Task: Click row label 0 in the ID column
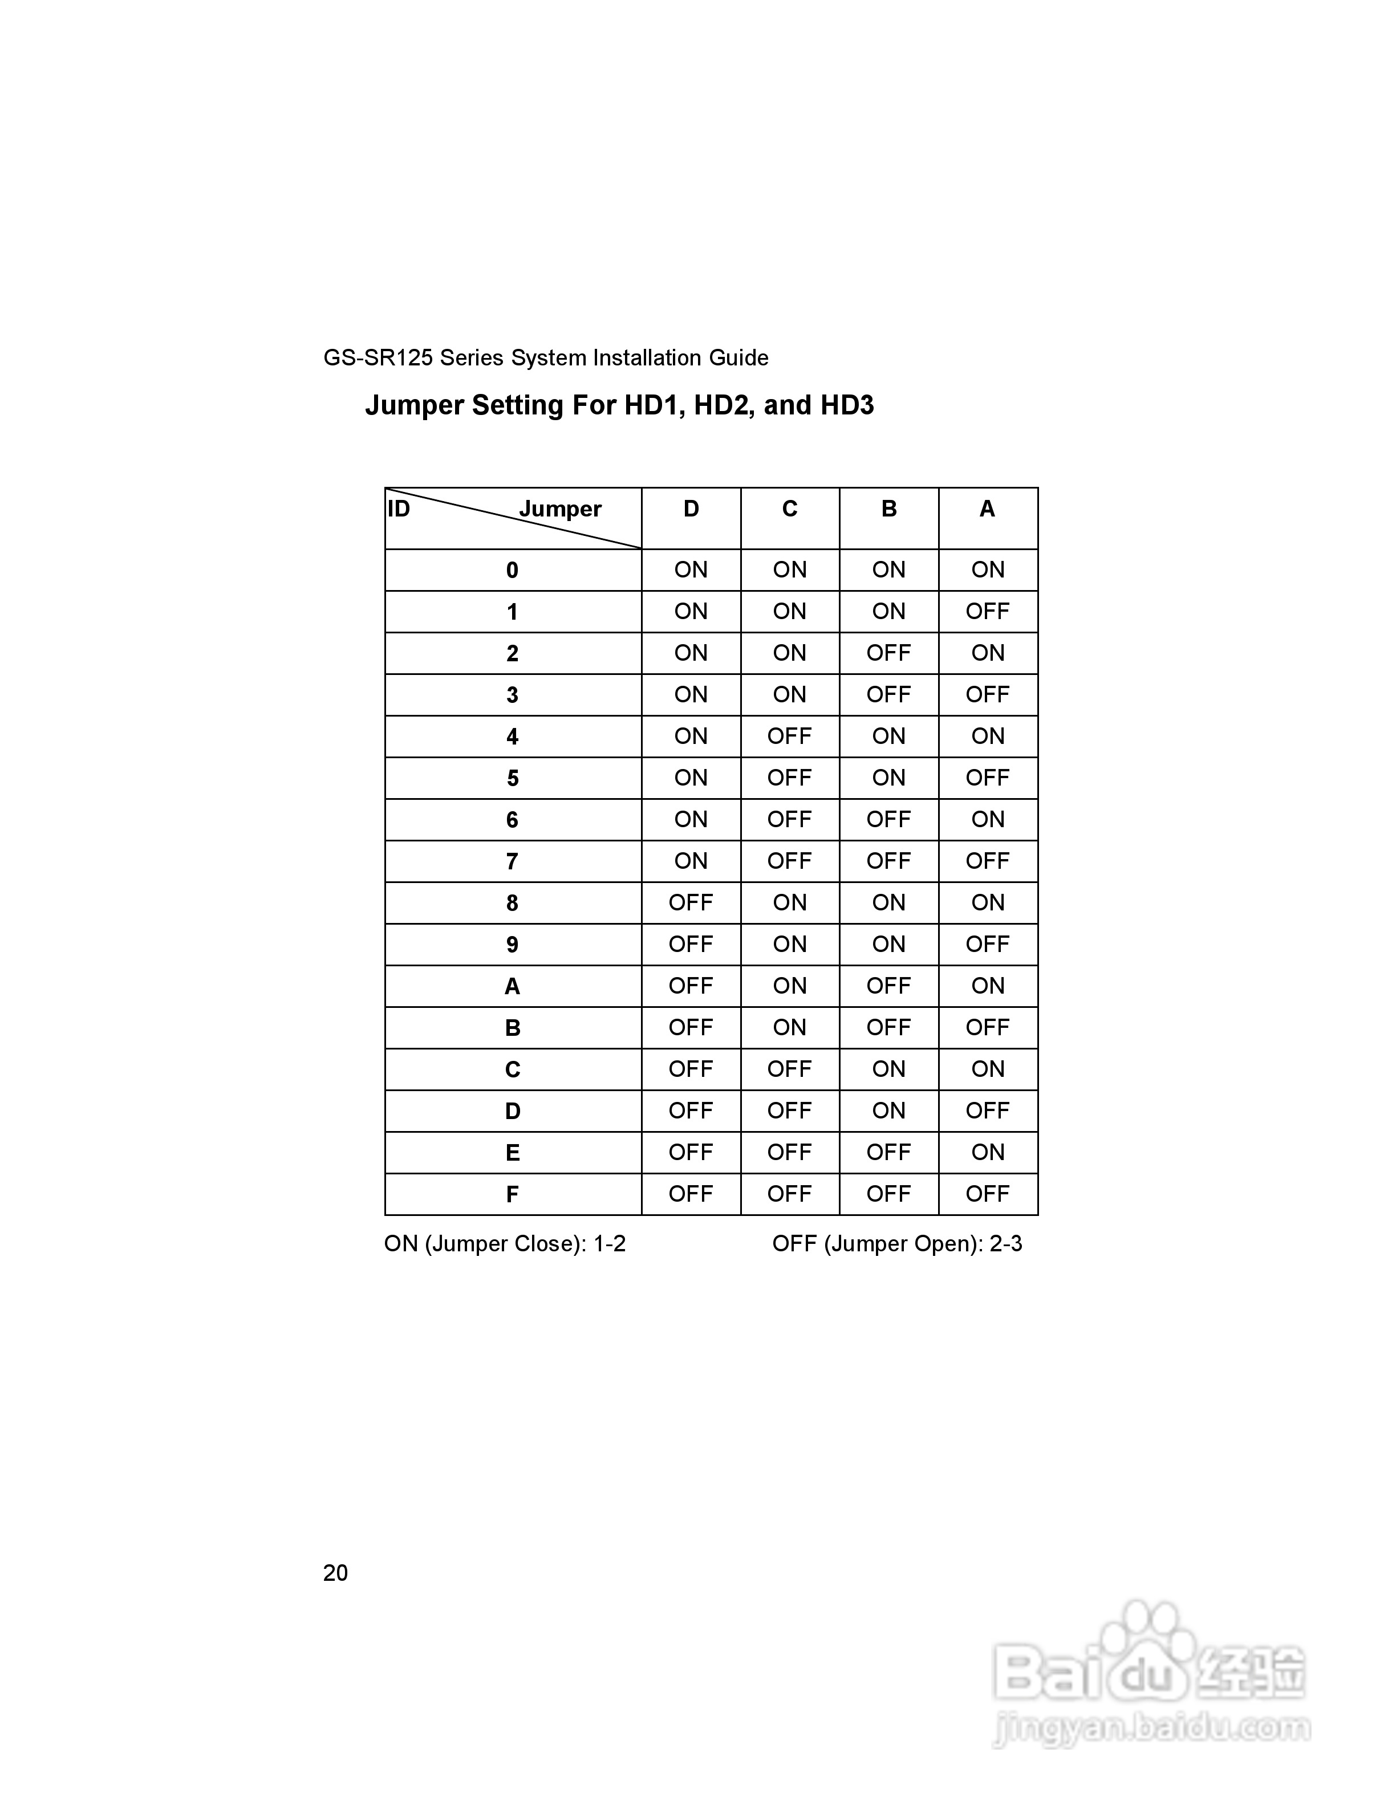512,571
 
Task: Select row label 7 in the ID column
512,861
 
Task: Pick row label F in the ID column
512,1194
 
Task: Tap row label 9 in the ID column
512,945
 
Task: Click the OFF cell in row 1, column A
988,612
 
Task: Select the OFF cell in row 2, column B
889,653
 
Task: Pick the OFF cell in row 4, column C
790,736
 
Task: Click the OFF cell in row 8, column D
691,903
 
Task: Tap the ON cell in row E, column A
988,1153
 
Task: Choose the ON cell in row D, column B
889,1111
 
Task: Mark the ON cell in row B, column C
790,1028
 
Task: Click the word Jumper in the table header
560,510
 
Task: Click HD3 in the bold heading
847,405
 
